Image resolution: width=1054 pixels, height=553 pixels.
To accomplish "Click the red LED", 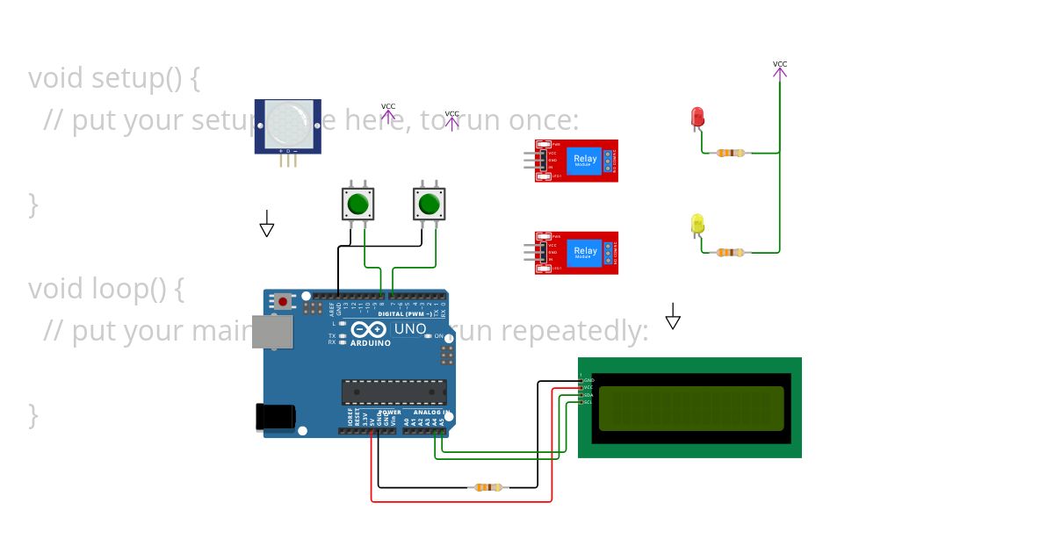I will point(697,117).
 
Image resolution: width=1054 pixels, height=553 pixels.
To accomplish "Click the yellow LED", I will point(697,224).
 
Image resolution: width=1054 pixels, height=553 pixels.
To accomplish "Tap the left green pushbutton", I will point(357,204).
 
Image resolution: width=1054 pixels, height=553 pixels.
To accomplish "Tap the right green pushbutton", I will point(429,204).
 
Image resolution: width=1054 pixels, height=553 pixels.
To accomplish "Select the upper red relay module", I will point(577,161).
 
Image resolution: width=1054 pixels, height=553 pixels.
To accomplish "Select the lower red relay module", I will point(577,253).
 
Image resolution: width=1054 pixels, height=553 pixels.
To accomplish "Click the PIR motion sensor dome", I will point(288,124).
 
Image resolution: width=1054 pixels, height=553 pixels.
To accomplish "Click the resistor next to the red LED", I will point(730,153).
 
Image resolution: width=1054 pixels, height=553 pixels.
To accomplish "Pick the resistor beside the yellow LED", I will point(730,253).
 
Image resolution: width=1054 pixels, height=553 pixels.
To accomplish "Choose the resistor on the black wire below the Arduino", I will point(487,487).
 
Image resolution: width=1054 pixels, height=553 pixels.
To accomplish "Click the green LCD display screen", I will point(690,408).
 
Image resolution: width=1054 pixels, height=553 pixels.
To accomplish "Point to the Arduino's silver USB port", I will point(272,332).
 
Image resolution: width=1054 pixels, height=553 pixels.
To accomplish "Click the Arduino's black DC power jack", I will point(273,417).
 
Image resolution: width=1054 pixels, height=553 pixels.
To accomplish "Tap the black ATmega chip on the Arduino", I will point(393,392).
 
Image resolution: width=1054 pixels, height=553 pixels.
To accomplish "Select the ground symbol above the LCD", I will point(673,319).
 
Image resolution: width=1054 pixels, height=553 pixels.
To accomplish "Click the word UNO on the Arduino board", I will point(409,329).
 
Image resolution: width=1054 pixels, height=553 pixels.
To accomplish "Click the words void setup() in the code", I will point(114,78).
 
